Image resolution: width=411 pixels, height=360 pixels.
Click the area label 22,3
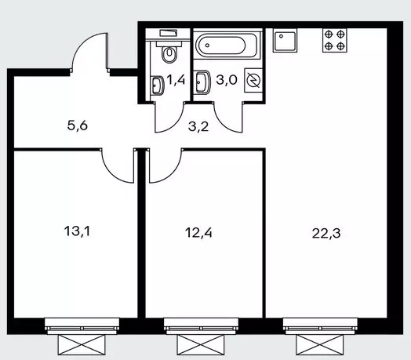tap(326, 233)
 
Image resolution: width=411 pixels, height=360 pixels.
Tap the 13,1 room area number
tap(77, 231)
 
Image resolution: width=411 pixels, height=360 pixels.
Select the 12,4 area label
tap(198, 233)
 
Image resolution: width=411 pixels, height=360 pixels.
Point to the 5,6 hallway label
tap(78, 125)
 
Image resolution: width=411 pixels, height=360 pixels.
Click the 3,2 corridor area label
tap(198, 126)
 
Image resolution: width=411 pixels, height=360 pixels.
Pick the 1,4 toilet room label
tap(176, 80)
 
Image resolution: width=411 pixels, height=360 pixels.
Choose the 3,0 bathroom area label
tap(227, 80)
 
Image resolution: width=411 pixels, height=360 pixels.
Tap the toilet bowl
tap(169, 52)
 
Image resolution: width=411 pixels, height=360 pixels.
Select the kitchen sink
tap(285, 40)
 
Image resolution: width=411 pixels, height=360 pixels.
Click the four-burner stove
tap(334, 40)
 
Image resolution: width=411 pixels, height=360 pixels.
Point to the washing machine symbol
tap(253, 80)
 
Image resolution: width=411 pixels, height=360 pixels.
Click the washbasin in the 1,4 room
tap(157, 85)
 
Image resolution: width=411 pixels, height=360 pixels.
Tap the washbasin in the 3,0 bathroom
tap(202, 82)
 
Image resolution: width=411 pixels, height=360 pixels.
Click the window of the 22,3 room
tap(320, 326)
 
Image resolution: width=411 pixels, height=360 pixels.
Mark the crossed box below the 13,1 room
tap(82, 345)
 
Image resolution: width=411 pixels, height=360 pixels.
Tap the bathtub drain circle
tap(208, 45)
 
